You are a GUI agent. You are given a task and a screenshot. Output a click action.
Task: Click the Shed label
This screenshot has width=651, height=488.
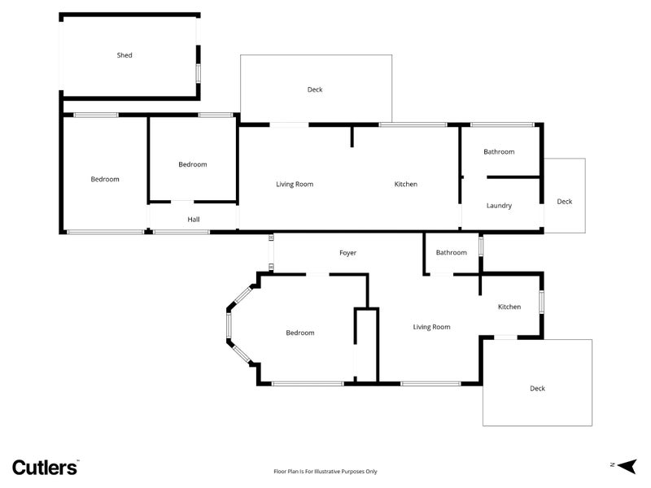[125, 55]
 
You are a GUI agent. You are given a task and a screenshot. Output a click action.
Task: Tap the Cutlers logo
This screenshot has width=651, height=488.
[45, 467]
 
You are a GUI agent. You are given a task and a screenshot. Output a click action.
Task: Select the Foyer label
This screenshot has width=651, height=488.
[348, 253]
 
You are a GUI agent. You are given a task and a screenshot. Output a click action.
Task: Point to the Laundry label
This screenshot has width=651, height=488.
[499, 206]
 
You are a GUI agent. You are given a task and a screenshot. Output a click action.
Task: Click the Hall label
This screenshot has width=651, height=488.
[193, 220]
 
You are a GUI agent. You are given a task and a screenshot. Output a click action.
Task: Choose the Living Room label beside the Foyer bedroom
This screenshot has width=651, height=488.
[431, 327]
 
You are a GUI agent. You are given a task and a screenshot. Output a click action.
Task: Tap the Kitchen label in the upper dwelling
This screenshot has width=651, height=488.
[406, 185]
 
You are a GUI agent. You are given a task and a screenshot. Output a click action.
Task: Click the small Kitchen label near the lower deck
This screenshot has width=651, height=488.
[509, 307]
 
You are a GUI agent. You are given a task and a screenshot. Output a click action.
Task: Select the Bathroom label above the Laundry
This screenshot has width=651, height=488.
[499, 152]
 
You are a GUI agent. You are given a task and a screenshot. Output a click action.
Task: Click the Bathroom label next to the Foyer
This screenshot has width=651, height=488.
[452, 253]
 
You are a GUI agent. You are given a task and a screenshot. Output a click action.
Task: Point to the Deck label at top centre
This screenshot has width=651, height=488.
[315, 89]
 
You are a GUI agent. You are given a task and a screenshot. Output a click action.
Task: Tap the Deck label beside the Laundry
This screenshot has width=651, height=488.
[565, 202]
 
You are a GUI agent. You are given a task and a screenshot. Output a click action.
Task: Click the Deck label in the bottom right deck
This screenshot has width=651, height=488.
[537, 389]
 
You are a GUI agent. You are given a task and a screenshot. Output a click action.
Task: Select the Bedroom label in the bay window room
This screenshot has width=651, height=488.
[299, 333]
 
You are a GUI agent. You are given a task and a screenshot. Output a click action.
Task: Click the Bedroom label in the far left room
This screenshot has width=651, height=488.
[105, 179]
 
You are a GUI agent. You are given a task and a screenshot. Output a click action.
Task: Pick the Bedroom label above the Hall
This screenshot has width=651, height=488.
[193, 164]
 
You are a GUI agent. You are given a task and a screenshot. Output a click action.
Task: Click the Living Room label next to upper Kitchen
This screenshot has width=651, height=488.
[295, 185]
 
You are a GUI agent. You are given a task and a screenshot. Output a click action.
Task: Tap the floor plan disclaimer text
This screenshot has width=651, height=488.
[325, 471]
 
